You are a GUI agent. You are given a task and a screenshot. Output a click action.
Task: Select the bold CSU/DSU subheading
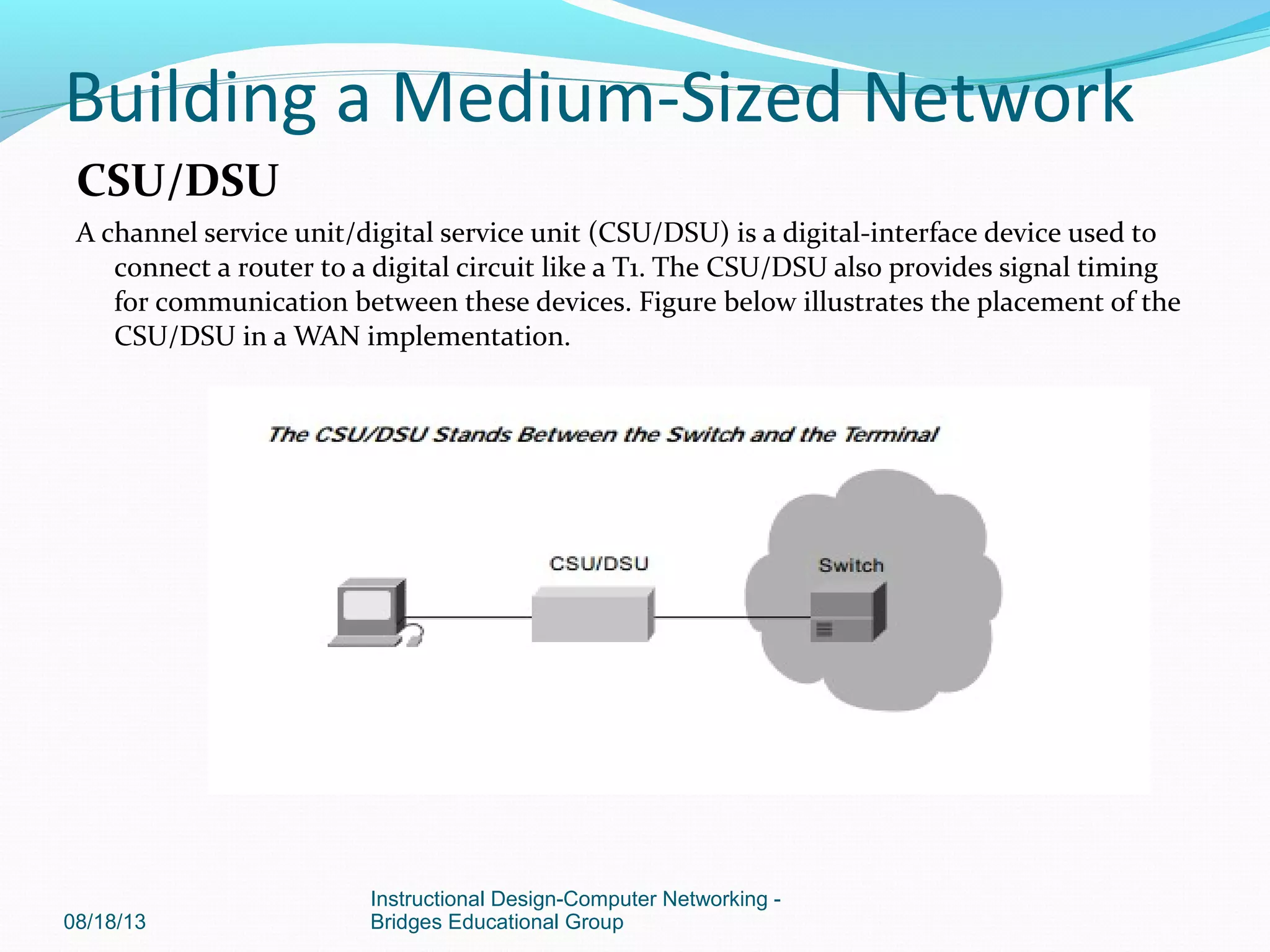177,181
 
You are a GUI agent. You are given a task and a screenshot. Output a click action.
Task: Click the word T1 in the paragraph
628,268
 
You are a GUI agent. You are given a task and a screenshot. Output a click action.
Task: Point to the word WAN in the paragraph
327,337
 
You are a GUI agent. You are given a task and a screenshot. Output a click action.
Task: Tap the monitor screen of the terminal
367,604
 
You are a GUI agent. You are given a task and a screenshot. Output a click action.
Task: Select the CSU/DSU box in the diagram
593,614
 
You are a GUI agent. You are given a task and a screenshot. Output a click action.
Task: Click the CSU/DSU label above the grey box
598,563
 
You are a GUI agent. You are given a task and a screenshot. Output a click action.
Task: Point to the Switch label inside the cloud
851,565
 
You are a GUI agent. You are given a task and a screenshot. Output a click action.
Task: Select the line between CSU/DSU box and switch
732,617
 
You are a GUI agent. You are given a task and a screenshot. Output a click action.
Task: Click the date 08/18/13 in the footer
105,922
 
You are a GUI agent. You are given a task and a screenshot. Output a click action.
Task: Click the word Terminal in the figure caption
891,434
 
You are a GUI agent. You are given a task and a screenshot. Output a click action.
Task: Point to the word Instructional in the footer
427,899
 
